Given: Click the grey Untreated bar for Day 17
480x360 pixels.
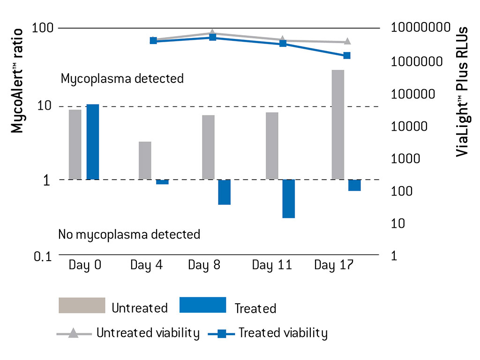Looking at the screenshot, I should (337, 124).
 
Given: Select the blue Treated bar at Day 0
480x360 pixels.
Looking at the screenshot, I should (92, 142).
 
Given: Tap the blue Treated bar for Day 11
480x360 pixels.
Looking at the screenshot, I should (288, 198).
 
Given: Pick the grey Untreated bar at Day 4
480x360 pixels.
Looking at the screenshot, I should (145, 160).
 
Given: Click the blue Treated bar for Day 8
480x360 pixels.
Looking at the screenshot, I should (224, 192).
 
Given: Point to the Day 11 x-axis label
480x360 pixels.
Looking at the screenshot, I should (271, 265).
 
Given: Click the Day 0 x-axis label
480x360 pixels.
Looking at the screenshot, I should (85, 265).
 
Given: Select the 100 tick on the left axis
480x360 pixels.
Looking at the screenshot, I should (43, 28).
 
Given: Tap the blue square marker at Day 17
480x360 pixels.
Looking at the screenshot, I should (347, 56).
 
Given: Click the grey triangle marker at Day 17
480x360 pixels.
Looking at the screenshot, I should (347, 42).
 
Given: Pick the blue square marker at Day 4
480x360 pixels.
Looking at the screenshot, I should (153, 41).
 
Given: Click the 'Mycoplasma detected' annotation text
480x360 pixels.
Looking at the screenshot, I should (122, 78).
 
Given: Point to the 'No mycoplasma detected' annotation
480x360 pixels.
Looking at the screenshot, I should (129, 234).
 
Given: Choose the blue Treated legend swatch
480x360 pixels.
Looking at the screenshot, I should (202, 305).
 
